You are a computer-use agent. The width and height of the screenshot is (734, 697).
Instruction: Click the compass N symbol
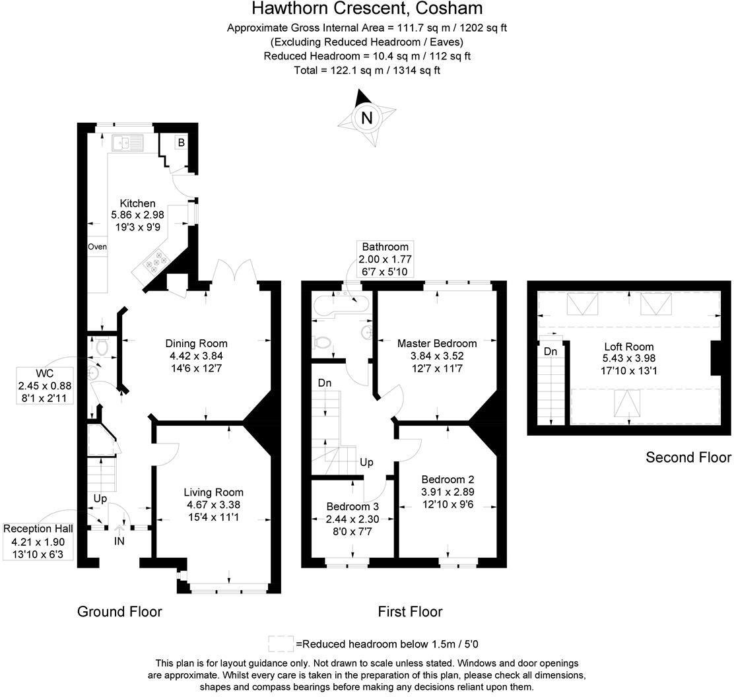point(367,117)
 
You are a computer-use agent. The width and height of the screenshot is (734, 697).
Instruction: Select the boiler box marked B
point(180,142)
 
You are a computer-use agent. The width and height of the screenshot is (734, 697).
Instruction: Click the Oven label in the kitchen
point(97,247)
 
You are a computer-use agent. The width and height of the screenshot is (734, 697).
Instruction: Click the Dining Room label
point(196,343)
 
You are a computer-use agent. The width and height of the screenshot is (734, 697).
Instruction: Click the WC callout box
point(44,386)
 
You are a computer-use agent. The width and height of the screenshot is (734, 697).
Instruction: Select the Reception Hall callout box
point(38,541)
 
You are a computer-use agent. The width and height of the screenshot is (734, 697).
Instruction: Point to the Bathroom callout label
point(385,247)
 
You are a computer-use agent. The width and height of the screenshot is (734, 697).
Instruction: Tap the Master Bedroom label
point(437,343)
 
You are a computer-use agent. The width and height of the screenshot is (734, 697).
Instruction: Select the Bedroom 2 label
point(448,480)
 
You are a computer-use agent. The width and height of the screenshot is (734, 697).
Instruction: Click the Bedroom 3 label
point(352,506)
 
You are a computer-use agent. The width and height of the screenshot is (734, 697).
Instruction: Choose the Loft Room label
point(629,347)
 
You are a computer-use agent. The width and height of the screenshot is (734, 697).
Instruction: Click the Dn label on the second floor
point(550,352)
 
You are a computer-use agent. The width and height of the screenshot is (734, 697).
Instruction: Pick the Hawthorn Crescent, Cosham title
point(367,9)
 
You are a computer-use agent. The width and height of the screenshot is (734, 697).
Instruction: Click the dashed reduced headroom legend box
point(280,644)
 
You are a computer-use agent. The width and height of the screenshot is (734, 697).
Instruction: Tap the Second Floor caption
point(688,457)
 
